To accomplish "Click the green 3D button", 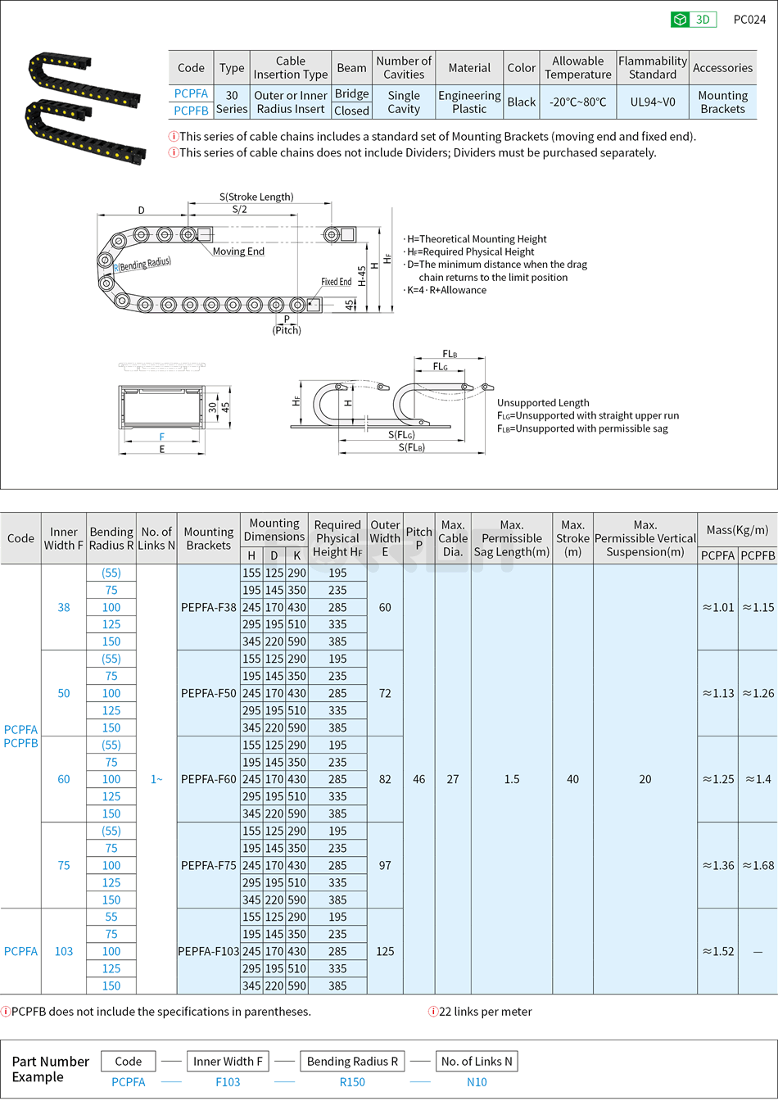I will pyautogui.click(x=694, y=20).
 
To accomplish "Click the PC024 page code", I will pyautogui.click(x=749, y=20).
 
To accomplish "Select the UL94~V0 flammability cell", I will pyautogui.click(x=653, y=102).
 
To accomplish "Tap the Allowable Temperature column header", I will pyautogui.click(x=577, y=68).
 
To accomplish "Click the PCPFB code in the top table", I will pyautogui.click(x=191, y=111).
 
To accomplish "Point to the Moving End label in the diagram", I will pyautogui.click(x=238, y=251).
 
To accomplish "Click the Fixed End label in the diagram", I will pyautogui.click(x=336, y=282).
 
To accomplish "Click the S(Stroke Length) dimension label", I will pyautogui.click(x=256, y=197).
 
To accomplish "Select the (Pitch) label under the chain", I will pyautogui.click(x=287, y=330).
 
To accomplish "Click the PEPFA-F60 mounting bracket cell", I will pyautogui.click(x=208, y=779).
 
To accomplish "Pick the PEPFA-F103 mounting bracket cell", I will pyautogui.click(x=208, y=951).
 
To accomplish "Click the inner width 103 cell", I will pyautogui.click(x=64, y=951).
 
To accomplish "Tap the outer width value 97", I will pyautogui.click(x=385, y=865).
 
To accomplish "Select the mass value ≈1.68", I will pyautogui.click(x=758, y=865).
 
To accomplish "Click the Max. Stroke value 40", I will pyautogui.click(x=572, y=779).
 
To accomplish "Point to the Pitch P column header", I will pyautogui.click(x=418, y=538).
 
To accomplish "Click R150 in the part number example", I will pyautogui.click(x=352, y=1082).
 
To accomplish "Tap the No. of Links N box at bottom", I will pyautogui.click(x=477, y=1062).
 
